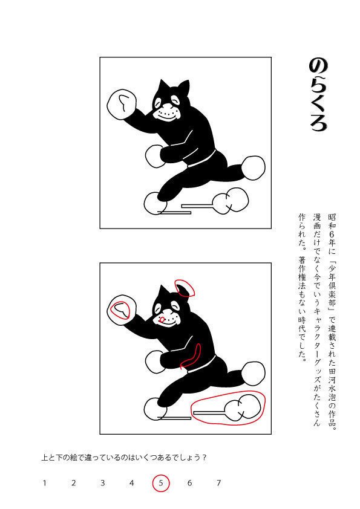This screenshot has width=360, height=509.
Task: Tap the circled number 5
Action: point(160,482)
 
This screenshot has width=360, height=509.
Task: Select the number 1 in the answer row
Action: point(44,482)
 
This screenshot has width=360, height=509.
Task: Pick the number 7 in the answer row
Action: point(218,482)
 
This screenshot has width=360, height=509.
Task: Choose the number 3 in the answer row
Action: point(102,482)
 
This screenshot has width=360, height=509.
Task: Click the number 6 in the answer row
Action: point(189,482)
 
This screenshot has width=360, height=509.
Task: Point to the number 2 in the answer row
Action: point(73,482)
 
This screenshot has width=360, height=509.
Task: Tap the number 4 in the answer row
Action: point(131,482)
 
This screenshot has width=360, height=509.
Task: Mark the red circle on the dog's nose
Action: point(162,319)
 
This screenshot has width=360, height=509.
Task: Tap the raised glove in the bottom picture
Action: point(122,311)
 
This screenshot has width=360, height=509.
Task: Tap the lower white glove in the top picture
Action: point(155,156)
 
